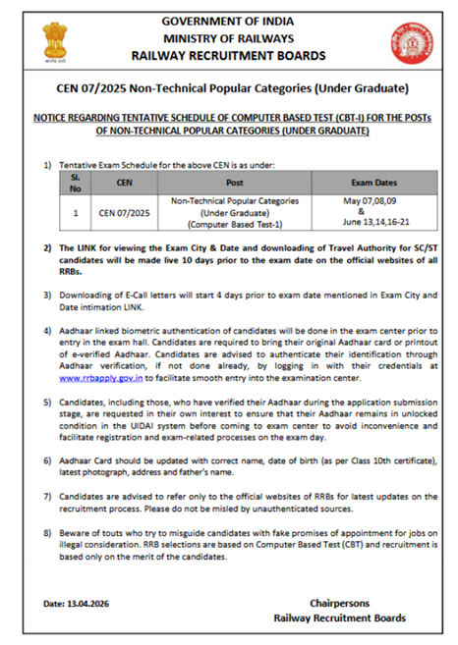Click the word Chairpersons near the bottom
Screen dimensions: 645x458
click(x=338, y=601)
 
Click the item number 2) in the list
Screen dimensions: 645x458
click(x=48, y=250)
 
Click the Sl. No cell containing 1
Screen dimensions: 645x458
click(x=75, y=212)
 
